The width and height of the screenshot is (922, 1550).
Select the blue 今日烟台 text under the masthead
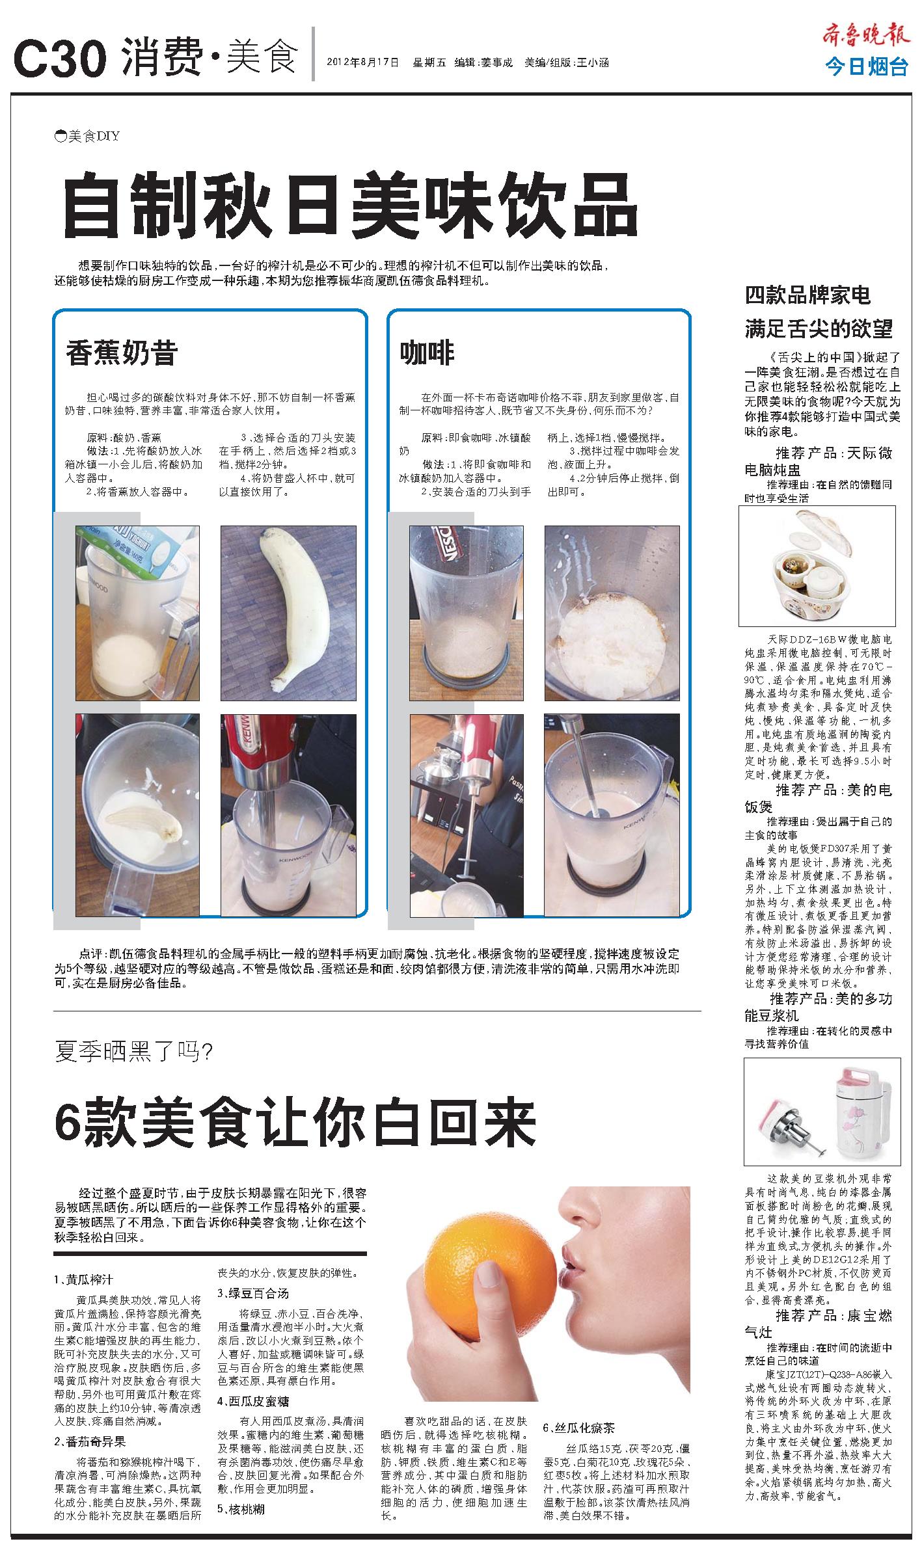pyautogui.click(x=867, y=66)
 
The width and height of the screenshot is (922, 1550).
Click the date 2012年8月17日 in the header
pyautogui.click(x=363, y=63)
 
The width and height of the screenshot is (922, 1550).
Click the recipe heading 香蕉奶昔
pyautogui.click(x=122, y=353)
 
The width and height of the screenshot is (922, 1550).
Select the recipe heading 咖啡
pyautogui.click(x=427, y=353)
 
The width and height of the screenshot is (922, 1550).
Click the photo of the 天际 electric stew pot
pyautogui.click(x=817, y=565)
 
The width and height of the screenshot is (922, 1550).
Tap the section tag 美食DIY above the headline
pyautogui.click(x=87, y=136)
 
